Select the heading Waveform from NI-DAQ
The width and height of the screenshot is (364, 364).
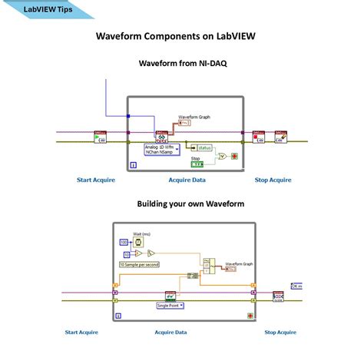(181, 64)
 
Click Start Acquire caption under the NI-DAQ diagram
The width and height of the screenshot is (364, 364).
(95, 180)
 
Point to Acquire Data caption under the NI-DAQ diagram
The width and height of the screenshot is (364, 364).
(187, 180)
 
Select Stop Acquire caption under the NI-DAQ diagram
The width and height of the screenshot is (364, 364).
(273, 180)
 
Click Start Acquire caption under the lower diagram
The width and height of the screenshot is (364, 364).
(82, 332)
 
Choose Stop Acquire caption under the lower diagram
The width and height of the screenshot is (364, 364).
(280, 332)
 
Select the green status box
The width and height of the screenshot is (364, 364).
(204, 147)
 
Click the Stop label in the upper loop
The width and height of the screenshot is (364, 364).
(196, 157)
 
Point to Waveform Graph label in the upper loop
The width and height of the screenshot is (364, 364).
(194, 117)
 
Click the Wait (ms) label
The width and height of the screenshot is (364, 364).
(142, 233)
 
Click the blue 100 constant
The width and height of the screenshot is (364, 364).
(123, 242)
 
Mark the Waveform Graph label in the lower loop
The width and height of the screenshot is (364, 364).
(240, 263)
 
